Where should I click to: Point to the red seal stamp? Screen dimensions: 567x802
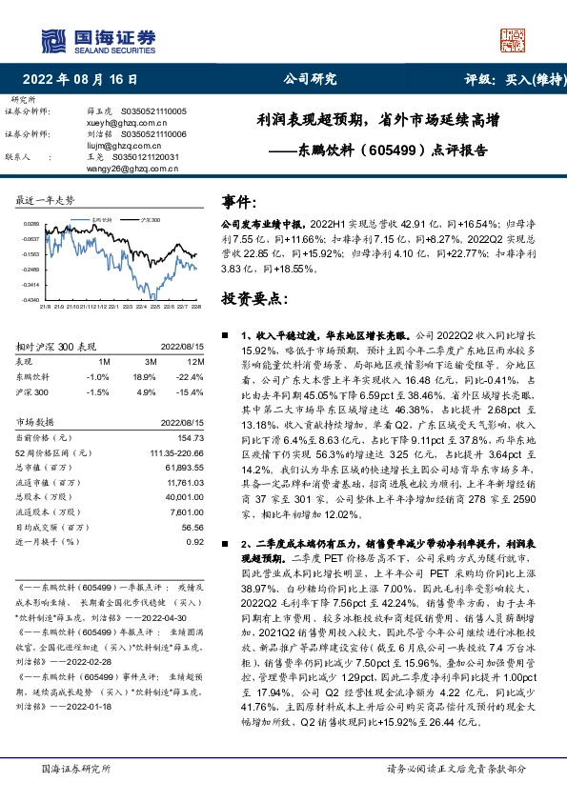pos(512,40)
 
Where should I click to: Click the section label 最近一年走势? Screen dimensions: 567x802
pos(46,200)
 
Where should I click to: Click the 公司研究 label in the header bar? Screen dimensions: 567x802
pos(311,80)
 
